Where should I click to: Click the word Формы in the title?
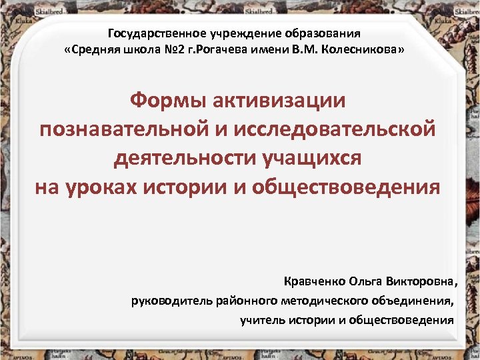166,101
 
